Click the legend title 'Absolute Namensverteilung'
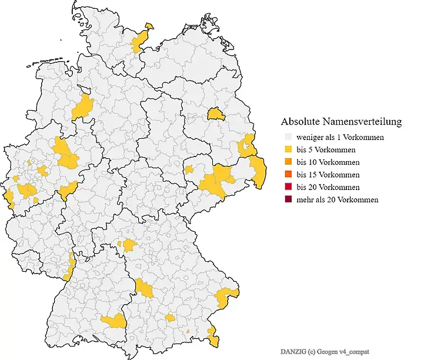pyautogui.click(x=341, y=122)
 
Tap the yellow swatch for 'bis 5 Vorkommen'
pyautogui.click(x=288, y=149)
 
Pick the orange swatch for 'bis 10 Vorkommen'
pyautogui.click(x=288, y=162)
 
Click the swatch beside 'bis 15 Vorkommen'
pyautogui.click(x=288, y=175)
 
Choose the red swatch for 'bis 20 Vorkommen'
pyautogui.click(x=288, y=187)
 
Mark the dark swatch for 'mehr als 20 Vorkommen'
pyautogui.click(x=288, y=199)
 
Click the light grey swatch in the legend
pyautogui.click(x=288, y=137)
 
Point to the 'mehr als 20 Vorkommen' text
pyautogui.click(x=337, y=199)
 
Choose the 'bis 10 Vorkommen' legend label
pyautogui.click(x=328, y=162)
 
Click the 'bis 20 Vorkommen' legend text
pyautogui.click(x=328, y=187)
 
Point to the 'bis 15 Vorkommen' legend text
pyautogui.click(x=328, y=175)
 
